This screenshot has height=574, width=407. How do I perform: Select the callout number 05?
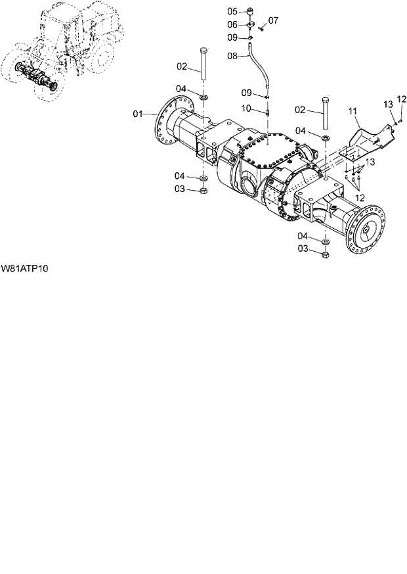tap(232, 11)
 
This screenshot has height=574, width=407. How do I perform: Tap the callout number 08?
tap(232, 57)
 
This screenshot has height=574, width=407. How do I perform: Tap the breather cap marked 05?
tap(251, 11)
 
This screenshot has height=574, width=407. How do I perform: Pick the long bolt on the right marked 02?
tap(325, 115)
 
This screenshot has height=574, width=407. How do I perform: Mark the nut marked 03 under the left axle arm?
tap(203, 190)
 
